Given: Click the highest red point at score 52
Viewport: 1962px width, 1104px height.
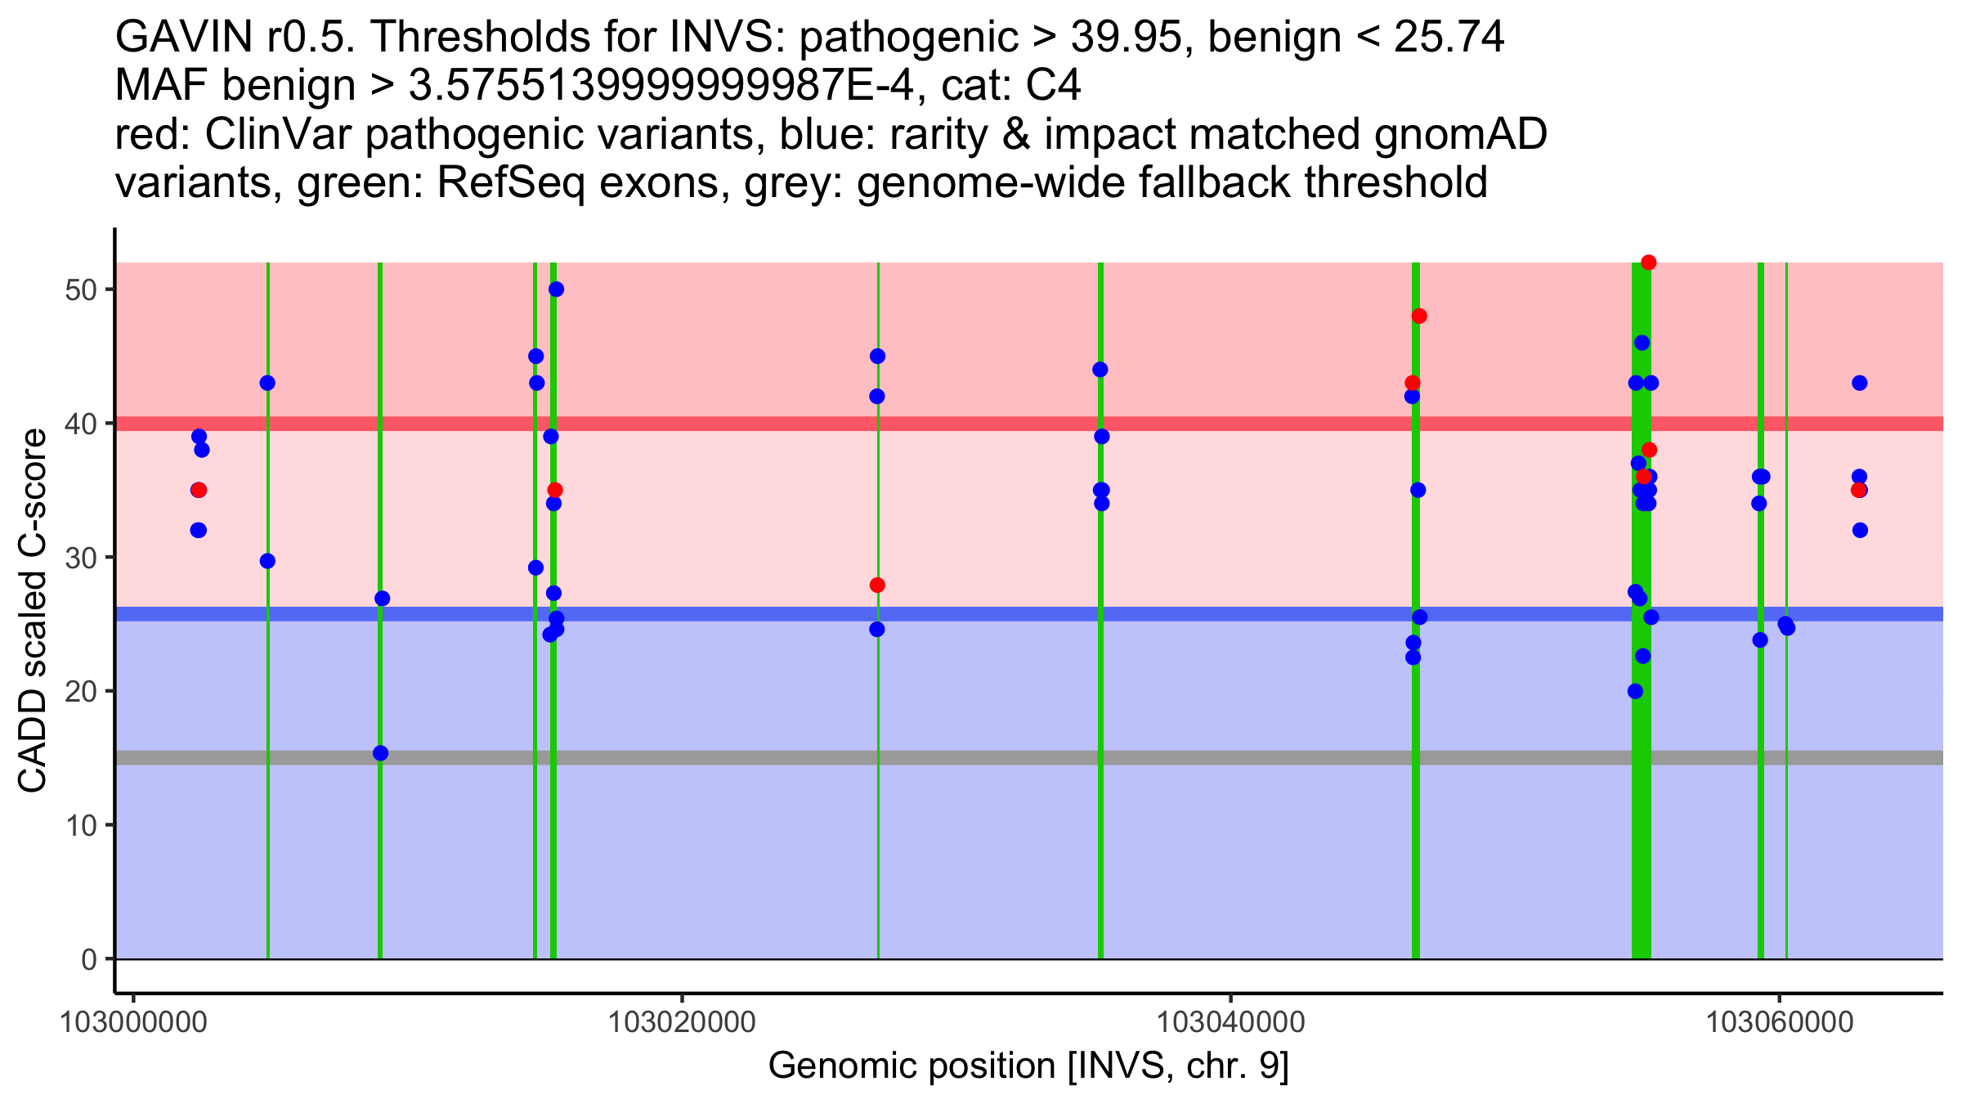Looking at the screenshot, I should pos(1648,263).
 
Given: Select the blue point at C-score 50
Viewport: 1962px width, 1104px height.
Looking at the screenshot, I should pos(556,289).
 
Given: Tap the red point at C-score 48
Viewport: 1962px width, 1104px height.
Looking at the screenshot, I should pos(1419,316).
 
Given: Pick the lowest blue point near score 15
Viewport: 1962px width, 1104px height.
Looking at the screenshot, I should pos(380,753).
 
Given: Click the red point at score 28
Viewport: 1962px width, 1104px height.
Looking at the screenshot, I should pos(877,586).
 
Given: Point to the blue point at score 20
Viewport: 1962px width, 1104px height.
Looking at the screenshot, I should pos(1635,691).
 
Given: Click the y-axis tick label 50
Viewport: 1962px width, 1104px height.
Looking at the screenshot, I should pos(80,290).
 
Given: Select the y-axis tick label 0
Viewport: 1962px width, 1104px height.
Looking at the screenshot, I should pos(89,959).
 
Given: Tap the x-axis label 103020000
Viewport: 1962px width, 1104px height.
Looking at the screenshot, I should pos(682,1021).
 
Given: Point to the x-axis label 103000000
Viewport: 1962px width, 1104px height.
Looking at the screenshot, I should pos(133,1021).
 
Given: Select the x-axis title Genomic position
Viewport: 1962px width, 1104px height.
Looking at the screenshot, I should pos(1028,1066).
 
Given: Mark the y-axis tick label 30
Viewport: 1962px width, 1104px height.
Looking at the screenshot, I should pos(80,558).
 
